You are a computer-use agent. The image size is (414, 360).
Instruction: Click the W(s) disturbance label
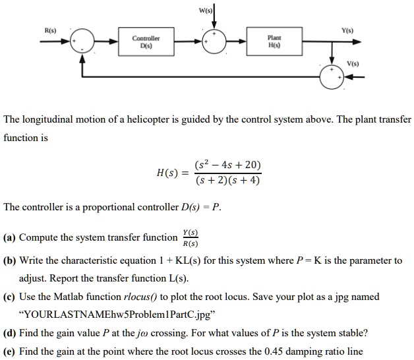point(206,9)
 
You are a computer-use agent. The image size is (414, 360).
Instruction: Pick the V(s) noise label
point(354,64)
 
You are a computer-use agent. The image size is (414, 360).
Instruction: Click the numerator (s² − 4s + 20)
point(227,165)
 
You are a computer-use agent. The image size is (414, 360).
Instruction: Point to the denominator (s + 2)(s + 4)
point(227,179)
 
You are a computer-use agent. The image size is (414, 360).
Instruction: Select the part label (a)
point(10,237)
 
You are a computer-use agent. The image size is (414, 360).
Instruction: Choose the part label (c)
point(10,297)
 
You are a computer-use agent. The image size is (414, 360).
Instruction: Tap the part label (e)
point(10,351)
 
